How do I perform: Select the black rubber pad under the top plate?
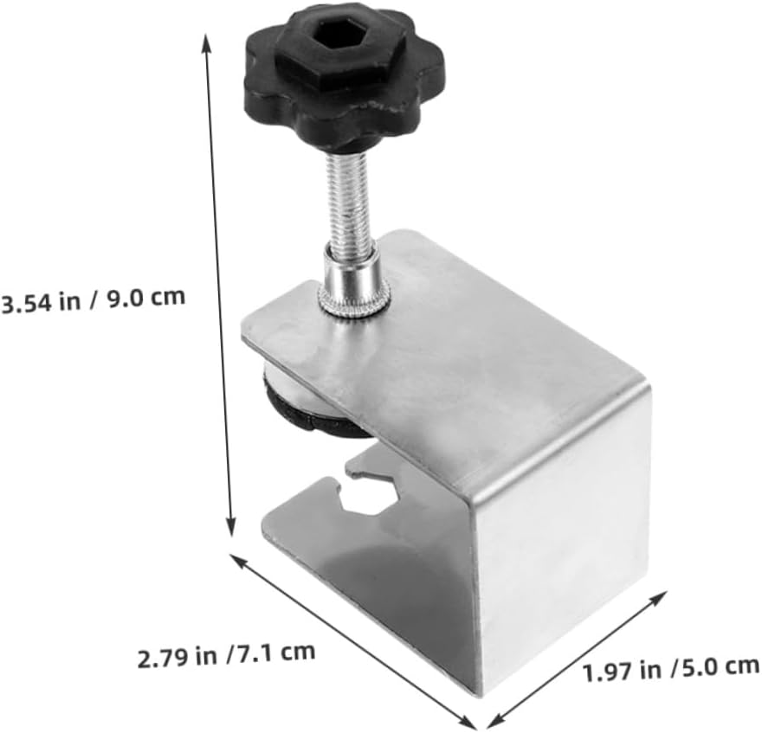(x=299, y=411)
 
